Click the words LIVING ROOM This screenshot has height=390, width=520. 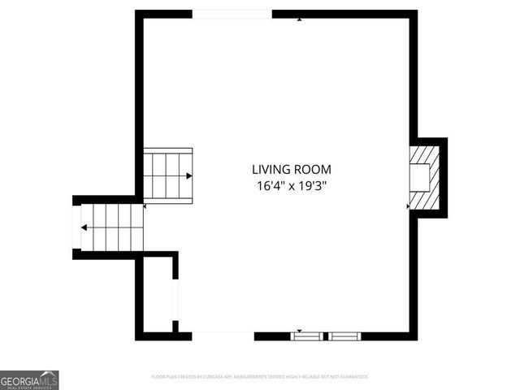pos(291,170)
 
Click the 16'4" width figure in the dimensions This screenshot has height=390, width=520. pos(267,186)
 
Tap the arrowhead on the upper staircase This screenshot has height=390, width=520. pos(189,175)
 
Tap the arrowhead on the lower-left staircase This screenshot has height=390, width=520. pos(84,227)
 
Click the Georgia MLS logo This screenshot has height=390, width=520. pos(29,380)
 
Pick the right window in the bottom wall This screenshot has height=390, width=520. pos(344,335)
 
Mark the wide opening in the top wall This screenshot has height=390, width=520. pos(232,14)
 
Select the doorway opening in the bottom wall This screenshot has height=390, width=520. pos(223,335)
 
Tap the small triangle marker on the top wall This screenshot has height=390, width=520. pos(300,18)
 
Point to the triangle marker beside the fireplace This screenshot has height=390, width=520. pos(408,206)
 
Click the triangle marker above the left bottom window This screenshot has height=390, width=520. pos(300,330)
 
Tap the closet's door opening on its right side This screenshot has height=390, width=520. pos(175,300)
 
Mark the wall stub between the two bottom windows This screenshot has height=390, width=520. pos(326,335)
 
